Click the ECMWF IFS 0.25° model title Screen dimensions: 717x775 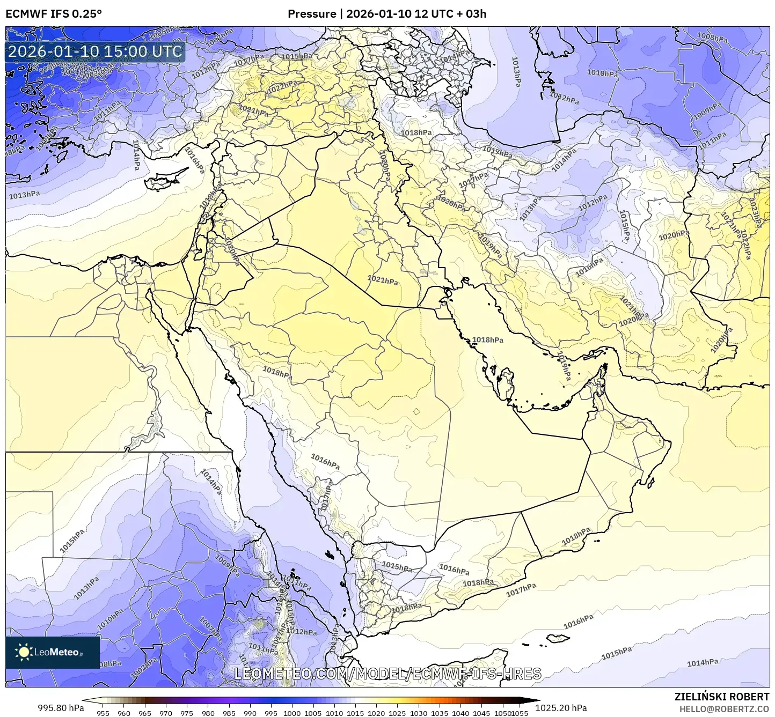[x=53, y=14]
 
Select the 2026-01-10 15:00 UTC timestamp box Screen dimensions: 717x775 [x=95, y=51]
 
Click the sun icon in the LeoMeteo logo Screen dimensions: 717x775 [x=24, y=652]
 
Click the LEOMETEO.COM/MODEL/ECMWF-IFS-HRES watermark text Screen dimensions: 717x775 [x=387, y=674]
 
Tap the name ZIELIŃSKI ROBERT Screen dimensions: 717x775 [x=722, y=697]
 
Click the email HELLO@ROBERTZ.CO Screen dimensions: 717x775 [x=724, y=708]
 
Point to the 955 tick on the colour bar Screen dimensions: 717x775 [x=103, y=713]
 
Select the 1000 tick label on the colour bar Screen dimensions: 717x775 [x=292, y=713]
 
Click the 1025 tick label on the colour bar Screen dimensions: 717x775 [x=397, y=713]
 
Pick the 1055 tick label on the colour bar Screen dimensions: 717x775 [x=520, y=713]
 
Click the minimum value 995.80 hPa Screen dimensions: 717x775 [x=61, y=708]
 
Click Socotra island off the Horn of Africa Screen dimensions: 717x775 [x=558, y=638]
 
